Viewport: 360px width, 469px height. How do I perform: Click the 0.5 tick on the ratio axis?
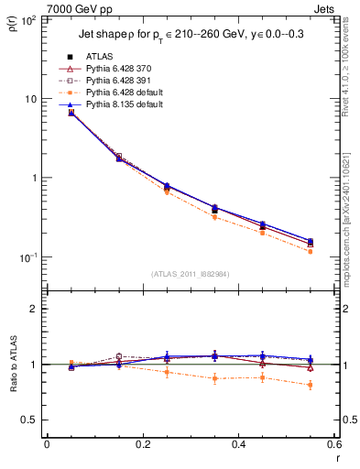pos(32,420)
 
